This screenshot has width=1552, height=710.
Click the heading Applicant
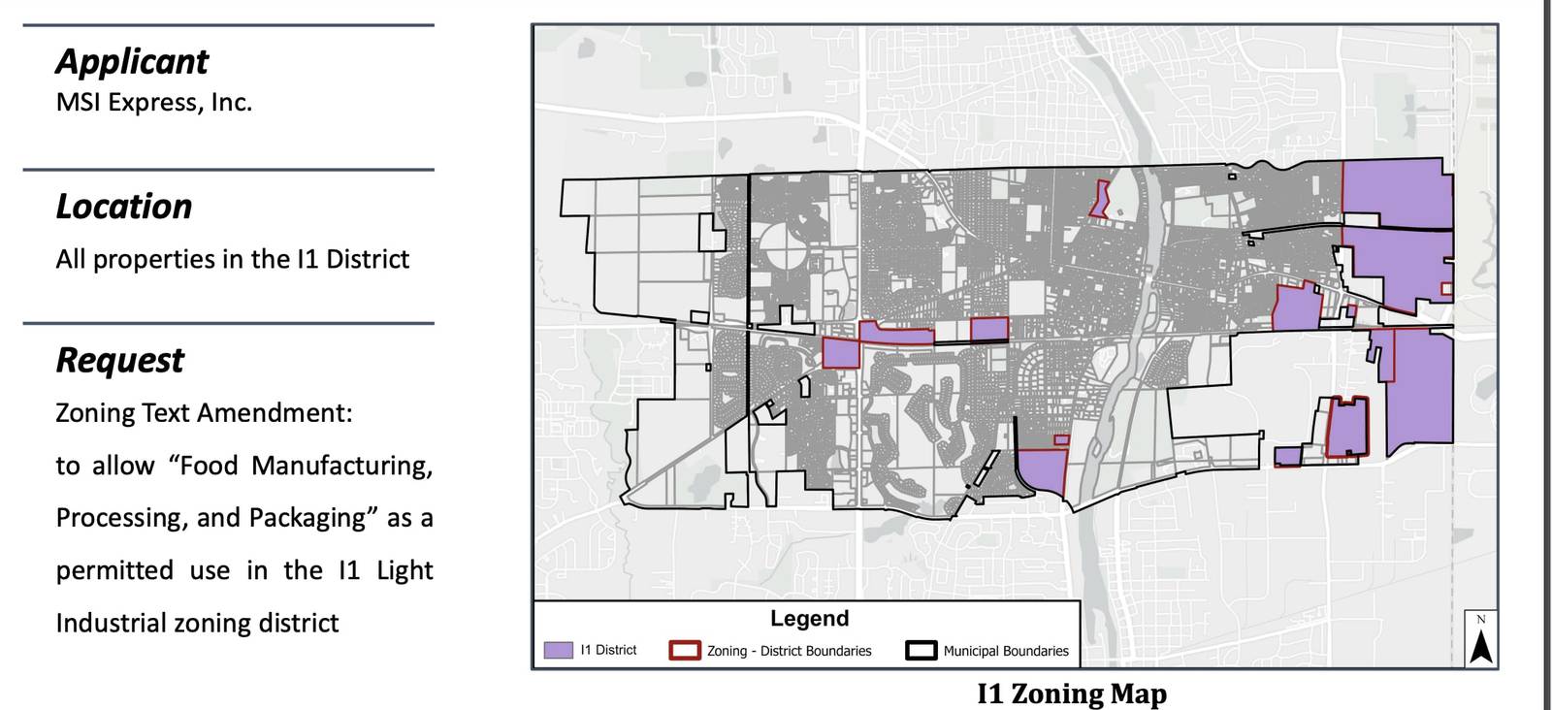pos(132,62)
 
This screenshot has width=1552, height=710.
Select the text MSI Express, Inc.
pos(154,103)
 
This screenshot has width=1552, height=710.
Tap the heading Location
pos(124,208)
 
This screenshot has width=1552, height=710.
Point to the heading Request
pos(119,361)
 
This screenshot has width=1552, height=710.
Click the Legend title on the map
pos(809,619)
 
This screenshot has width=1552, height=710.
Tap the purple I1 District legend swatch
pos(558,650)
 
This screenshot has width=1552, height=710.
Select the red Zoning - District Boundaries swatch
pos(685,650)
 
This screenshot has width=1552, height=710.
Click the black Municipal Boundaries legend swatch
pos(921,650)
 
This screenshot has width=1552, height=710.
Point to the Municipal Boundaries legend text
pos(1006,651)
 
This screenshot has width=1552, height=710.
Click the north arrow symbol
pos(1481,642)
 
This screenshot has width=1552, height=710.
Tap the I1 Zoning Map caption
pos(1072,694)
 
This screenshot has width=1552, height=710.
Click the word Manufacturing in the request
pos(341,466)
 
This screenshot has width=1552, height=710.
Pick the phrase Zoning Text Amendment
pos(204,413)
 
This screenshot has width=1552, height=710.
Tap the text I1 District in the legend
pos(608,650)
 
